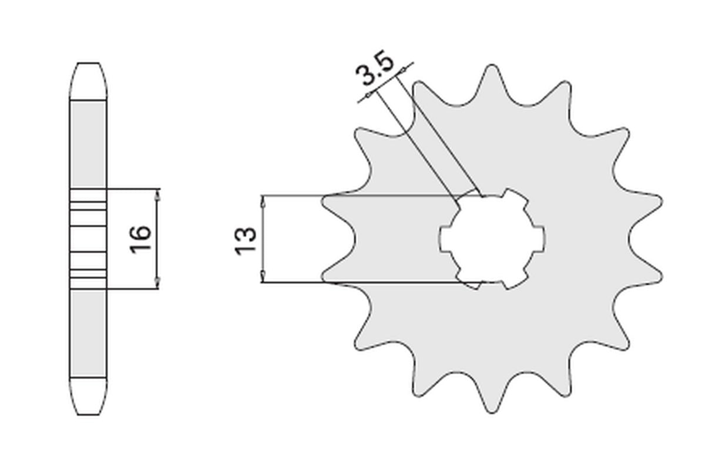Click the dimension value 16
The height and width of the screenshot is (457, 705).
coord(142,238)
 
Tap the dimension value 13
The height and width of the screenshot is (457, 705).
coord(246,240)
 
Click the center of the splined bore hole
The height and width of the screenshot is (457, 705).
coord(492,238)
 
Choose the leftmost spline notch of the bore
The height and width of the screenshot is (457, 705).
coord(444,238)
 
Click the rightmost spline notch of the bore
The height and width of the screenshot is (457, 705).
coord(540,238)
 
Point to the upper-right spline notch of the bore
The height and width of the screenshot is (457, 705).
coord(516,197)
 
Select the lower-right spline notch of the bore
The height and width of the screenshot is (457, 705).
coord(516,280)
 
